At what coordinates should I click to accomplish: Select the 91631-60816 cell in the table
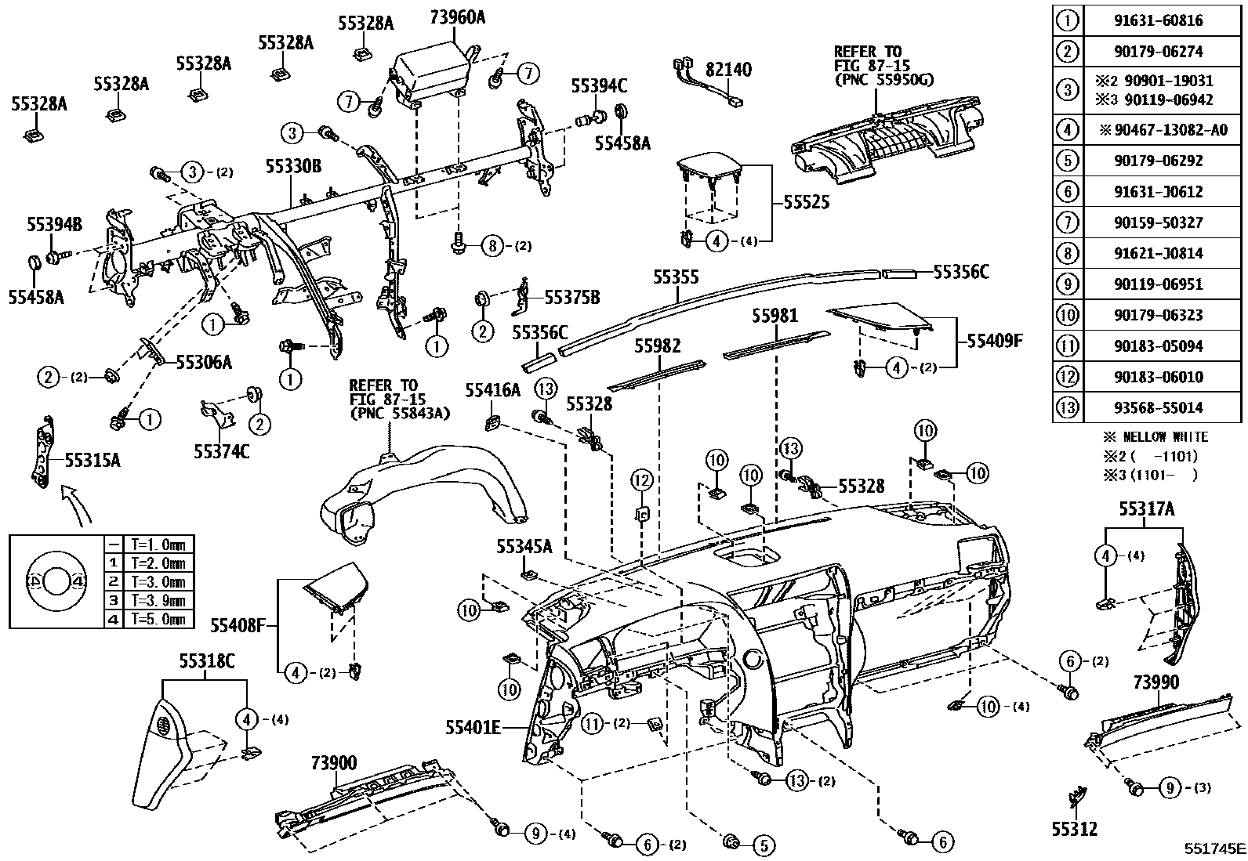(x=1163, y=20)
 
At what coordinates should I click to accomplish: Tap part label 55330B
(x=292, y=166)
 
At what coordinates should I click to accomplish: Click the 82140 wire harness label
(x=728, y=70)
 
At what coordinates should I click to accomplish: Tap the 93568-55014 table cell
(x=1163, y=407)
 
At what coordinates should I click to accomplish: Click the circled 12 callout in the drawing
(x=642, y=479)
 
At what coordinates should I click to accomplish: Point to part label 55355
(x=676, y=277)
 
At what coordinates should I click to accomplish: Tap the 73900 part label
(x=333, y=762)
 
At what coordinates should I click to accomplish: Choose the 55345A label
(x=524, y=546)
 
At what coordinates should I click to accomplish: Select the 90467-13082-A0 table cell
(x=1163, y=130)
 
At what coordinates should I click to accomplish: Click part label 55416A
(x=492, y=389)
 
